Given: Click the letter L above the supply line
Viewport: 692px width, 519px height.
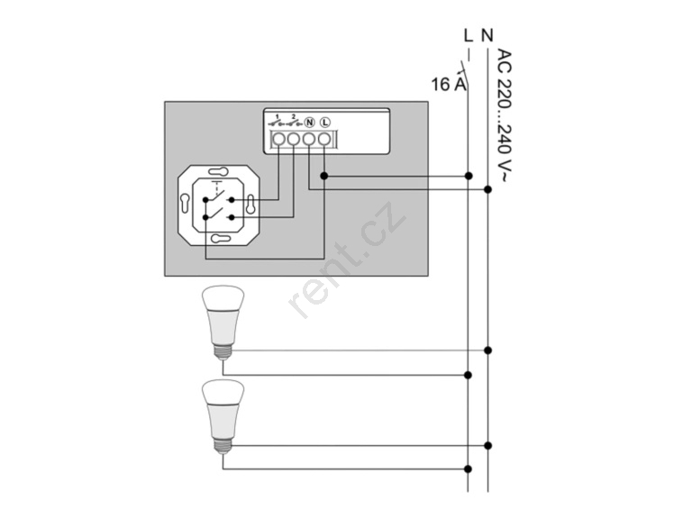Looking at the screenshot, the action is [x=469, y=35].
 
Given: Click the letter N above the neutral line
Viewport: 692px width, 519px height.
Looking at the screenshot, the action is [x=487, y=35].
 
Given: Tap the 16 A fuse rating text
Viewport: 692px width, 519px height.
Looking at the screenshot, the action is [x=449, y=84].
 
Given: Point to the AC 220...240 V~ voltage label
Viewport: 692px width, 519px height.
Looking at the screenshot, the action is [x=504, y=115].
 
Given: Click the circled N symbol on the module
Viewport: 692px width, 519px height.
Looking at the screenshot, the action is [x=309, y=122].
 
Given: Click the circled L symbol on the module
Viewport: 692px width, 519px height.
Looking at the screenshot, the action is [x=324, y=122].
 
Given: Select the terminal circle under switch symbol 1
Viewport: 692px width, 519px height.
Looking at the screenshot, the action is [x=278, y=139].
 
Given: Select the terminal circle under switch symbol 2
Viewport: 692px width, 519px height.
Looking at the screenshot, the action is [x=294, y=139].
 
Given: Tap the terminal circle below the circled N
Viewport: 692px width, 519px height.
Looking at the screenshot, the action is [x=309, y=139].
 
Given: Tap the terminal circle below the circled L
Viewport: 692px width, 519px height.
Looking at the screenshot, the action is [x=324, y=139].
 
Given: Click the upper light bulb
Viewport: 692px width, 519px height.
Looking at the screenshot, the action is [x=223, y=323].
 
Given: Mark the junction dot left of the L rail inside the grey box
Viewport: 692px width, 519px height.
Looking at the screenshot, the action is [x=324, y=176].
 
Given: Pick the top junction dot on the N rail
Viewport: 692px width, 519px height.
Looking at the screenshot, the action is [x=487, y=189].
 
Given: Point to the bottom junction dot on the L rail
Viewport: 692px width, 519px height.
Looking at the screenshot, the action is [x=469, y=469].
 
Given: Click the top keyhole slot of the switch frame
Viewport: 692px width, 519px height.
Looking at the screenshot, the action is [x=218, y=171].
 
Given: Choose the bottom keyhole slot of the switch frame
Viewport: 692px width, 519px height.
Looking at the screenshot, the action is [x=221, y=239].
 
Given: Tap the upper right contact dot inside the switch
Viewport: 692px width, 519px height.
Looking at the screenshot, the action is [x=232, y=200].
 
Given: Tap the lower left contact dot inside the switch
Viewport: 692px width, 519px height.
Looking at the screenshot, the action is [x=205, y=217].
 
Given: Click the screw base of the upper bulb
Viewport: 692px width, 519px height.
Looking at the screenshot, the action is [x=223, y=351].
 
